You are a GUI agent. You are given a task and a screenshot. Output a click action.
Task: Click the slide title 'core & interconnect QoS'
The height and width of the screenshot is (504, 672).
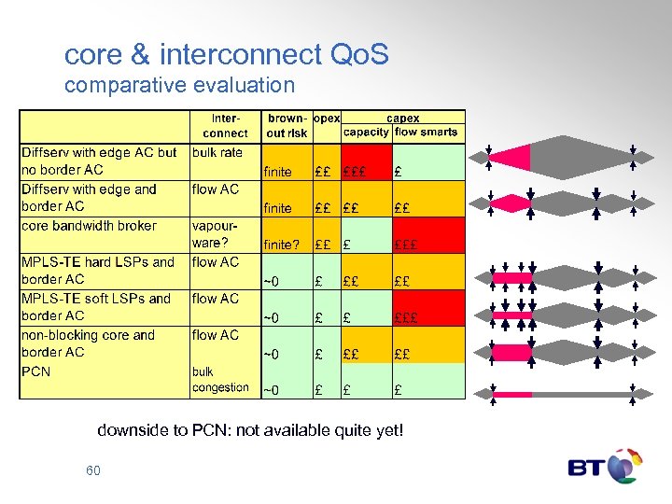tap(226, 55)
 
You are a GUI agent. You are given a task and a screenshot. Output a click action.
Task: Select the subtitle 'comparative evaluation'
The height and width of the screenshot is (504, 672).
tap(179, 86)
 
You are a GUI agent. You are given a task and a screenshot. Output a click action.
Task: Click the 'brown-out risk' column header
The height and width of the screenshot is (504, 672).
tap(287, 126)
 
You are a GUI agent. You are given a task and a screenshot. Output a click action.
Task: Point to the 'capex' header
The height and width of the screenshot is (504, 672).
tap(402, 119)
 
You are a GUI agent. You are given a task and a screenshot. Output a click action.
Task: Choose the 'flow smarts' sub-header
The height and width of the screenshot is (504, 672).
tap(427, 133)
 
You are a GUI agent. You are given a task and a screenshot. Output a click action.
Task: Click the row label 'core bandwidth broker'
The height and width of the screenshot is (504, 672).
tap(89, 226)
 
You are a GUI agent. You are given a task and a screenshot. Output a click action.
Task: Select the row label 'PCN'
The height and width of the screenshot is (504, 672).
tap(36, 371)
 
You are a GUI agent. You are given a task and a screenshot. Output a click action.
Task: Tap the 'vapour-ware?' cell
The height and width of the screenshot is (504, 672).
tap(214, 234)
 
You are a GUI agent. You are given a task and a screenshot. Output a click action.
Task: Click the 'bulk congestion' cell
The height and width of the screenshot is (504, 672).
tap(220, 380)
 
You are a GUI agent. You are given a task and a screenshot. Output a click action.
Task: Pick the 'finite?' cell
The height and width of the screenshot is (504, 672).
tap(282, 245)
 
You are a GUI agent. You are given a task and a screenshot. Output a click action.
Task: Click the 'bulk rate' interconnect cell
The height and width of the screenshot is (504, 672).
tap(217, 152)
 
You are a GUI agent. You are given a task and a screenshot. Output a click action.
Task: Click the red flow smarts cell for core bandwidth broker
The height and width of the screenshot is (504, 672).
tap(427, 235)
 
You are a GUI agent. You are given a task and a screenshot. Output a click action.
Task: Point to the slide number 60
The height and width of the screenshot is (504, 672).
tap(92, 470)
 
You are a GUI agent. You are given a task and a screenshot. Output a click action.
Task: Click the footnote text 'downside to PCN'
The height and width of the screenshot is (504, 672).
tap(250, 430)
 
